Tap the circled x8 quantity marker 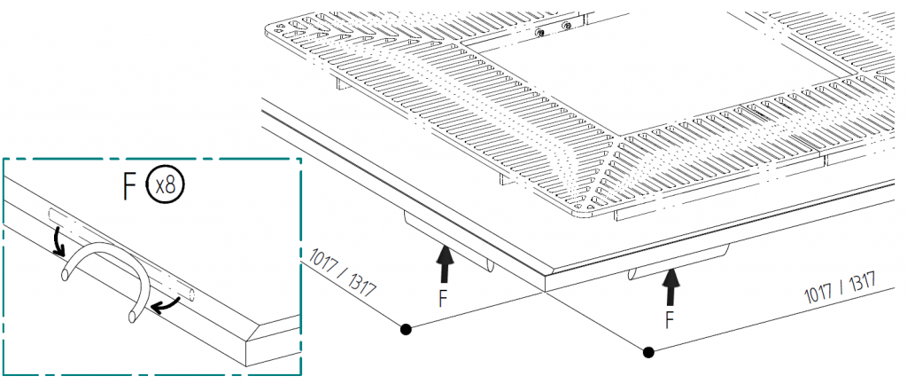tap(166, 185)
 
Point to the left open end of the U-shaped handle tap(65, 278)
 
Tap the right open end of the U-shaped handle tap(132, 316)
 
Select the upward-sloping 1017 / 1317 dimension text tap(839, 286)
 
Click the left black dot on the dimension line tap(405, 329)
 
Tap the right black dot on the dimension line tap(648, 352)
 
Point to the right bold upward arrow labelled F tap(671, 285)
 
